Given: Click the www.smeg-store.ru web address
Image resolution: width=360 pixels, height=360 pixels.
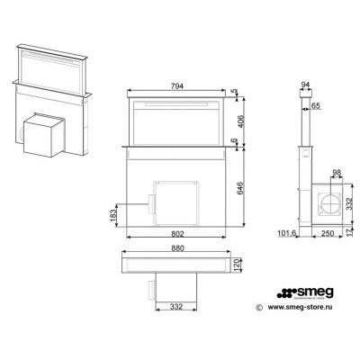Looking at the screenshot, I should (303, 306).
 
